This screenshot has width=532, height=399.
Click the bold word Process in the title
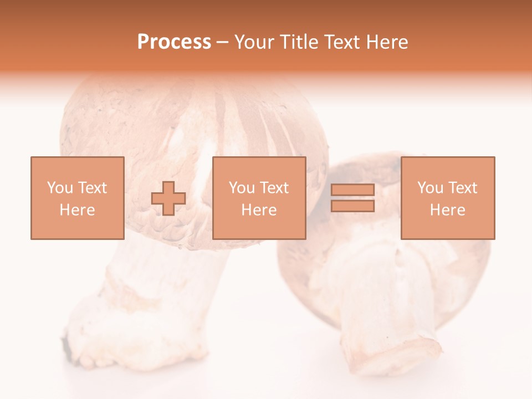[x=174, y=42]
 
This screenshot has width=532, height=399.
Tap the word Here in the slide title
[x=386, y=42]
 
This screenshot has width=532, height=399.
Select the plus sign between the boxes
[x=168, y=198]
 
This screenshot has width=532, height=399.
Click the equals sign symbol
[x=352, y=198]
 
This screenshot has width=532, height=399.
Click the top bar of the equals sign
[x=352, y=190]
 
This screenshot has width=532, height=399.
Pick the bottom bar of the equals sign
[x=352, y=206]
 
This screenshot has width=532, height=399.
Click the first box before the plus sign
[x=77, y=198]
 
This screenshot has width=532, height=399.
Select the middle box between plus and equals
[x=259, y=198]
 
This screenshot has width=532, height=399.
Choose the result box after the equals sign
[x=447, y=198]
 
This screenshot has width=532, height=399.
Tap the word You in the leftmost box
[x=60, y=188]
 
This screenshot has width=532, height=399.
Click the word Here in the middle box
[x=259, y=210]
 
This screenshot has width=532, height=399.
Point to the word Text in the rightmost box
[x=462, y=188]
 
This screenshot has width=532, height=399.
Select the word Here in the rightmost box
[x=447, y=210]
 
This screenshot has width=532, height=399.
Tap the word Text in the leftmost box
[x=92, y=188]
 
